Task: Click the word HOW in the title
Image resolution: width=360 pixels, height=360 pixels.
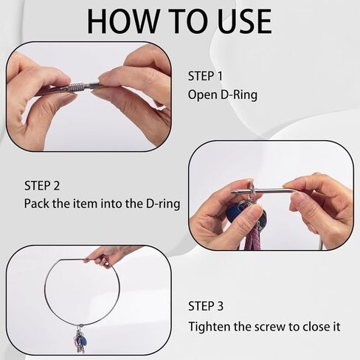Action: [x=123, y=21]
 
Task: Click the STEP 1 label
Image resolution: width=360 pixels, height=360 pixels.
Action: [x=205, y=76]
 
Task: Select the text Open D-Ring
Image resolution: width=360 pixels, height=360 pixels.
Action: [x=223, y=95]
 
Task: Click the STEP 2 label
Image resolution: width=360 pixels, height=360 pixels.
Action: [x=42, y=186]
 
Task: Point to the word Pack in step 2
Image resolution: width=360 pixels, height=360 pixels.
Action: [x=37, y=204]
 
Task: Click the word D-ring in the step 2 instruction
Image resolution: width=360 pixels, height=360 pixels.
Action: [x=163, y=204]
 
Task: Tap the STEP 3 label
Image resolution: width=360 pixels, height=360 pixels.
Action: [x=206, y=306]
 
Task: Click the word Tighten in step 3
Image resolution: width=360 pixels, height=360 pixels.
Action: [x=210, y=327]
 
